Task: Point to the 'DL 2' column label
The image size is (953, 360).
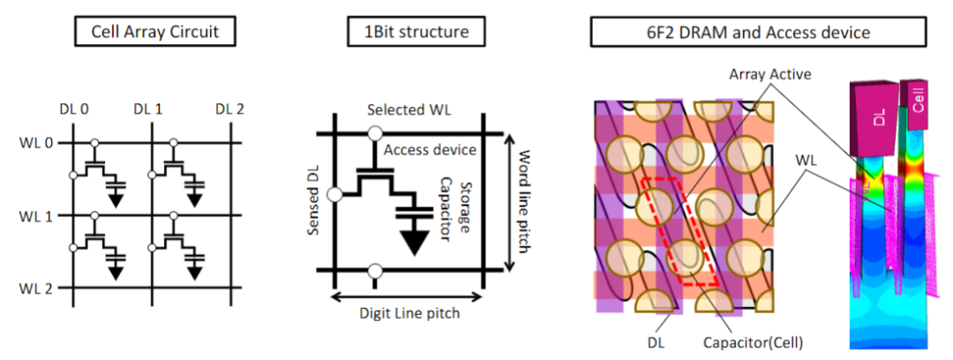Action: (x=230, y=109)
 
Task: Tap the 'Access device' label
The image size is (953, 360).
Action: (x=430, y=150)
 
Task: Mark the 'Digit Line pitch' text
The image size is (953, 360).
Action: (x=409, y=311)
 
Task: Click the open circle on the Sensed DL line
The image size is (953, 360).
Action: (x=334, y=194)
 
